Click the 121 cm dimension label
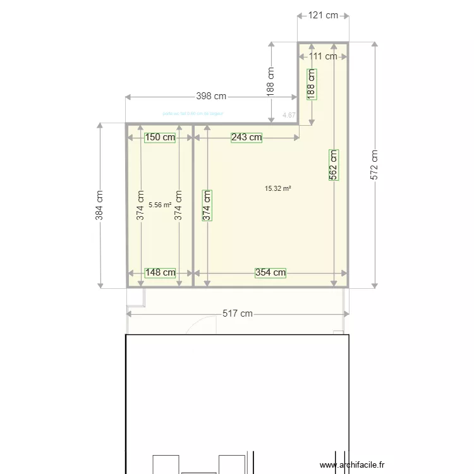click(x=323, y=16)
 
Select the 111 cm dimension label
click(x=323, y=56)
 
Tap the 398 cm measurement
click(x=211, y=97)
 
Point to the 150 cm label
click(x=160, y=137)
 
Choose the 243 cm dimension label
click(x=246, y=137)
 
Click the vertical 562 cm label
click(x=334, y=165)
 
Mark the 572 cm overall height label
click(x=375, y=165)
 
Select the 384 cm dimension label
click(x=99, y=205)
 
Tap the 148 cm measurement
click(x=160, y=273)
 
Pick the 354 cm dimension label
click(x=270, y=273)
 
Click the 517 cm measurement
click(x=238, y=313)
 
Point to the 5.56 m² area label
click(x=160, y=205)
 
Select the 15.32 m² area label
click(x=278, y=188)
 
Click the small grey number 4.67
click(x=289, y=115)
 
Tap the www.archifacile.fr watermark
click(x=352, y=465)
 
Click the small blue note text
click(x=193, y=114)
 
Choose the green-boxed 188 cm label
click(x=311, y=83)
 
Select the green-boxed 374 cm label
click(x=207, y=205)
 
